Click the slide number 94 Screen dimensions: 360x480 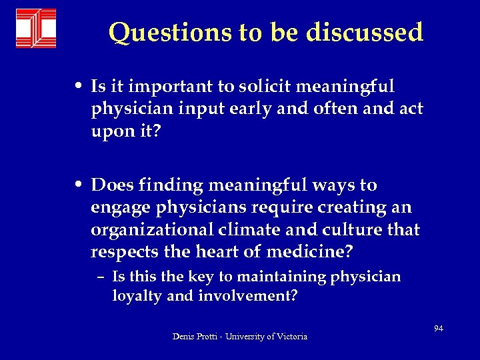pyautogui.click(x=438, y=329)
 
